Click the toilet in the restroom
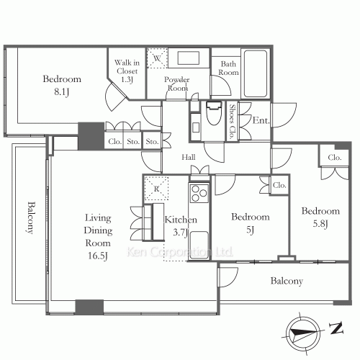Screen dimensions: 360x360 [214, 113]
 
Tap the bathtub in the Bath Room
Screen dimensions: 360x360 [256, 73]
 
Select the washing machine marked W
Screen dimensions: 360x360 [157, 58]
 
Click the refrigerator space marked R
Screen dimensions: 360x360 [156, 189]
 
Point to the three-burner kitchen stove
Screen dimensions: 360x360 [199, 193]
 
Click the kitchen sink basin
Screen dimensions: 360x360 [199, 245]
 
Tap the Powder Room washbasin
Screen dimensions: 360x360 [189, 58]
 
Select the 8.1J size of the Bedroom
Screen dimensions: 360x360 [62, 91]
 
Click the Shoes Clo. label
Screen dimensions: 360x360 [232, 122]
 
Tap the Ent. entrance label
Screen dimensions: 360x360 [261, 120]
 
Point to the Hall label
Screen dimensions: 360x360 [189, 157]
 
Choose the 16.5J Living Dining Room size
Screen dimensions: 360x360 [97, 256]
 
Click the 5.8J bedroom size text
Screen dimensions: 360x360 [320, 224]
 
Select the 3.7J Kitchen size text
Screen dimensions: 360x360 [180, 232]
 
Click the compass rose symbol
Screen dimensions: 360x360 [303, 333]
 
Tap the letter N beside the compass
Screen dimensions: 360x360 [336, 328]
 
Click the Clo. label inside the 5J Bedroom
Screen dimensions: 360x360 [279, 185]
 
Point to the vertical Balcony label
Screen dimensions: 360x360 [31, 217]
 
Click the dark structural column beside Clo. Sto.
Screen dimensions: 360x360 [91, 136]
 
